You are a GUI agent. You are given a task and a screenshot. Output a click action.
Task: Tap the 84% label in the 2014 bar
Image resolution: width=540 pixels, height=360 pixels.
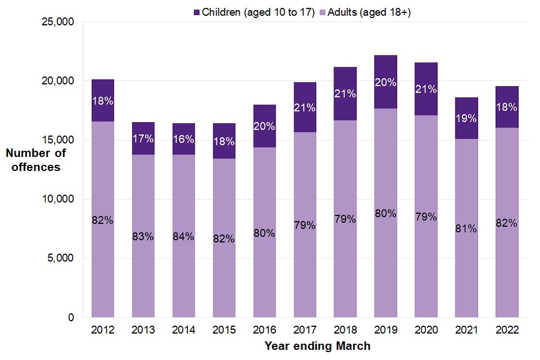click(x=183, y=236)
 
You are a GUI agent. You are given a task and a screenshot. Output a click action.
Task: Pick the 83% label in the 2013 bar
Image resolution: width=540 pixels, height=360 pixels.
click(x=143, y=236)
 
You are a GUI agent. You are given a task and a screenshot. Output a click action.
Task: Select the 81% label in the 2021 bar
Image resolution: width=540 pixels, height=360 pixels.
click(x=466, y=228)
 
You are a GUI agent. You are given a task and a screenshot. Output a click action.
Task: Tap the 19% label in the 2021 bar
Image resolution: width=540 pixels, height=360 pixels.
click(x=466, y=119)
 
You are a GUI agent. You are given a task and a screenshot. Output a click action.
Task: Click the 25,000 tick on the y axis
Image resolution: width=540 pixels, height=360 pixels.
click(x=59, y=22)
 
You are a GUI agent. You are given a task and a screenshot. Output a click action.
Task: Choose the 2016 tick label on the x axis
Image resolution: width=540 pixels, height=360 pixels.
click(x=264, y=330)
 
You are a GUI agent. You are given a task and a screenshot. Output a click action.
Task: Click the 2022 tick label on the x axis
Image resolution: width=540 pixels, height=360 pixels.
click(x=507, y=330)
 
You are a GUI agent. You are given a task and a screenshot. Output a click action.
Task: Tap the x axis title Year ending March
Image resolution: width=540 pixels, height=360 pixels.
click(x=317, y=345)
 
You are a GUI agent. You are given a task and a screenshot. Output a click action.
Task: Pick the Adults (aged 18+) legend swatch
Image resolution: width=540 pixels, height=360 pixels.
click(x=330, y=12)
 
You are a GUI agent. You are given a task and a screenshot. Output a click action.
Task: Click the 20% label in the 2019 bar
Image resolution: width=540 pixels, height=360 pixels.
click(x=385, y=82)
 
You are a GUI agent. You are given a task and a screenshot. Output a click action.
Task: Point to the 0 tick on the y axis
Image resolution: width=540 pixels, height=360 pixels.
click(x=70, y=318)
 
